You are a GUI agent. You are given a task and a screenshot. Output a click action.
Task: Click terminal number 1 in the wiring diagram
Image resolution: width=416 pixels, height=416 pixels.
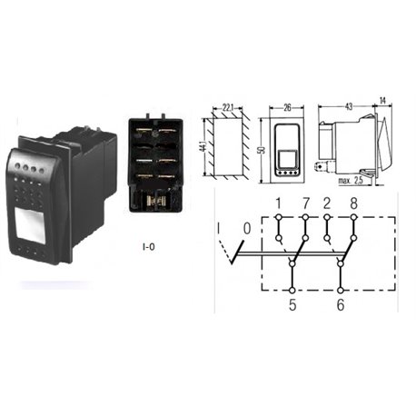pos(279,203)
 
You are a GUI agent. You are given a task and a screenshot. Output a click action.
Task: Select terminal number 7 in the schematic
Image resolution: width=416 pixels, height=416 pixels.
pos(306,203)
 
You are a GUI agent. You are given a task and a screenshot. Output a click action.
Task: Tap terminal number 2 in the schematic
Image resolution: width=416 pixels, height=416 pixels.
pos(327,203)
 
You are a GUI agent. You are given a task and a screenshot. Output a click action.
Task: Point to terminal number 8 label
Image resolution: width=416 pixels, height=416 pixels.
pos(354,203)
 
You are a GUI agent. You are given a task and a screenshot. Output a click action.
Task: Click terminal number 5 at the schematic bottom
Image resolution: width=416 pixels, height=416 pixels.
pos(292,304)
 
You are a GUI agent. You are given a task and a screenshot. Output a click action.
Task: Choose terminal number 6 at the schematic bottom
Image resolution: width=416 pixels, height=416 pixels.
pos(341,304)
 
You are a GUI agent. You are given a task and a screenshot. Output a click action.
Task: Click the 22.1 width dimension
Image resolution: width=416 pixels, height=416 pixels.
pos(229,107)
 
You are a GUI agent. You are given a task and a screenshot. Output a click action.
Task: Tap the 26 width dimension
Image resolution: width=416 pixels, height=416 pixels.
pos(287,107)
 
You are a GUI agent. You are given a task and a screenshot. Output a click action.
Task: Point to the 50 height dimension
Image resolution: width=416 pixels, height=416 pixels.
pos(262,150)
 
